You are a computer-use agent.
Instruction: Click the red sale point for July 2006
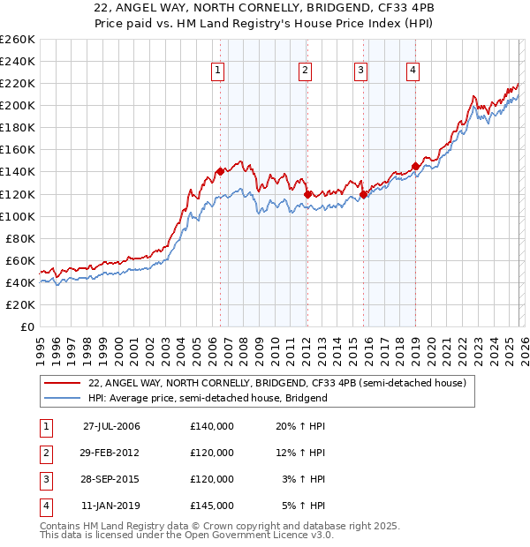[x=220, y=171]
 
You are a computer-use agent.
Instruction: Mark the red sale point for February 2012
[x=307, y=193]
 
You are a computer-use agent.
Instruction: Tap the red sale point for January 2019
[x=415, y=166]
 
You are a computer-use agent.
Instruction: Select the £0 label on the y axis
[x=27, y=326]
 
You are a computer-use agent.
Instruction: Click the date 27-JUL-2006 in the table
[x=111, y=426]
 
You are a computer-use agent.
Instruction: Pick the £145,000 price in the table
[x=212, y=506]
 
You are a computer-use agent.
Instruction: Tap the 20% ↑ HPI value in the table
[x=301, y=426]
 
